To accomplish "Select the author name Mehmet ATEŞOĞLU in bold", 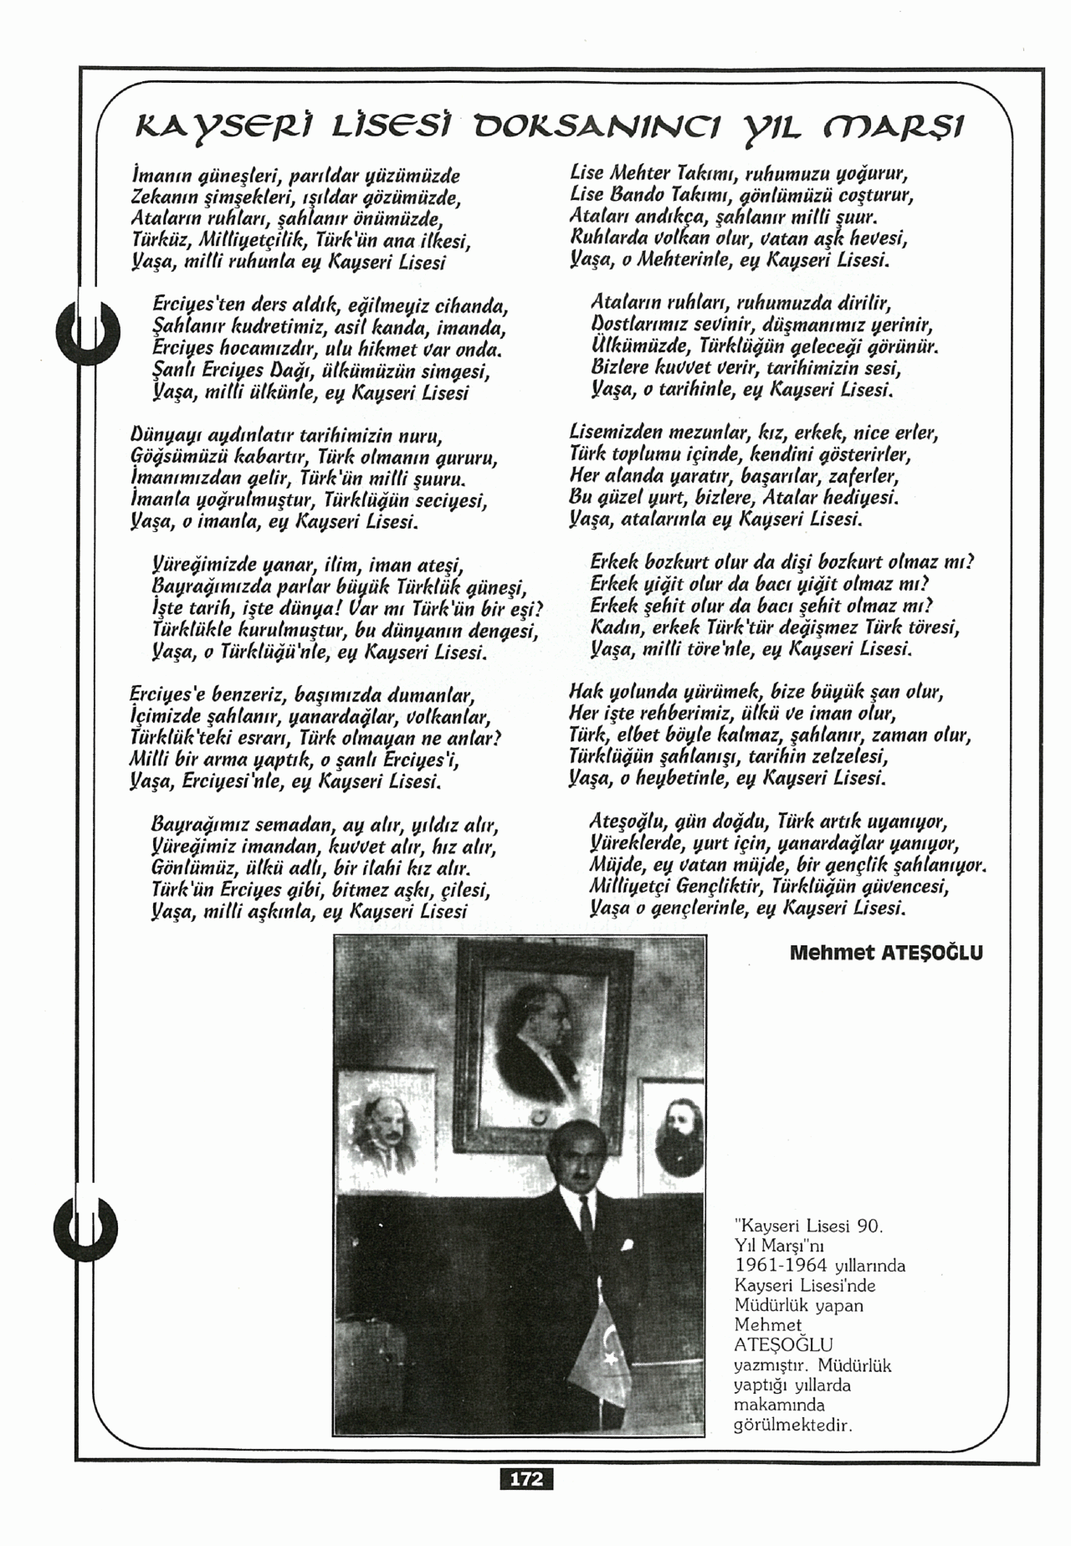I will pyautogui.click(x=886, y=953).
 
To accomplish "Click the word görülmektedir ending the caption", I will pyautogui.click(x=792, y=1426).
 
